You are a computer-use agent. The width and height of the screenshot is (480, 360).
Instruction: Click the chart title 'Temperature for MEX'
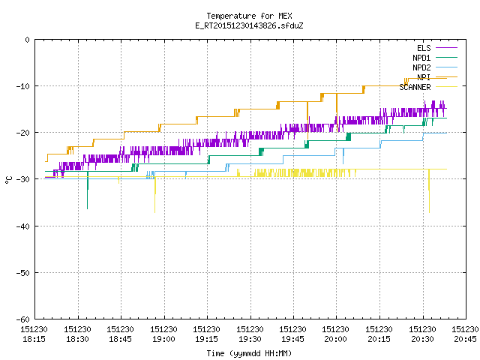click(249, 16)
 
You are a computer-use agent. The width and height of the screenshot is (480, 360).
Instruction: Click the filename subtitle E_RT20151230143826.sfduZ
click(249, 25)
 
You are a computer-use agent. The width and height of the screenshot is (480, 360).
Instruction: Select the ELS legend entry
click(424, 48)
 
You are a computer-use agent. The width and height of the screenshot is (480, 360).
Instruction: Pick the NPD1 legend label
click(421, 58)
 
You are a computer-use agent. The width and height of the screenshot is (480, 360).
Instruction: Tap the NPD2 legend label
click(421, 67)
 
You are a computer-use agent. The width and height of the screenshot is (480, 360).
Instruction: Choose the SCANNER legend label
click(415, 87)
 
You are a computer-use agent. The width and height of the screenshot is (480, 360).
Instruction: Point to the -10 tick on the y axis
click(23, 86)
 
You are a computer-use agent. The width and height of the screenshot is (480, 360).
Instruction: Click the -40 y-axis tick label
click(23, 226)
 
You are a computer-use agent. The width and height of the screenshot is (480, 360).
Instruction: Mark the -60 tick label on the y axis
click(23, 319)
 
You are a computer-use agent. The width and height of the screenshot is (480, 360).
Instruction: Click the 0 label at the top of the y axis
click(28, 40)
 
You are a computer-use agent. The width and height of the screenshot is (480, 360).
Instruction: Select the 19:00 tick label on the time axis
click(163, 339)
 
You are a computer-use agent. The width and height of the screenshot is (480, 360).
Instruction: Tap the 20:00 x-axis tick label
click(336, 339)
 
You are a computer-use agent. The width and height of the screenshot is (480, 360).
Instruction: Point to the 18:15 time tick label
click(34, 339)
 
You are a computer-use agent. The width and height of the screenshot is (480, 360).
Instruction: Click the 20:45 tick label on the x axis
click(465, 339)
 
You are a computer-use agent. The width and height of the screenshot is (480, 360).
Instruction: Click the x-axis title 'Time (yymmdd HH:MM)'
click(249, 353)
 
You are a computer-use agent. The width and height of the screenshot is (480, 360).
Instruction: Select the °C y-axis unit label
click(8, 180)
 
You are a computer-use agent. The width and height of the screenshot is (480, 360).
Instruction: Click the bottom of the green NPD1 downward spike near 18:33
click(88, 208)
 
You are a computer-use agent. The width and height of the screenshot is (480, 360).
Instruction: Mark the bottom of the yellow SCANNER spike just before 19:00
click(155, 212)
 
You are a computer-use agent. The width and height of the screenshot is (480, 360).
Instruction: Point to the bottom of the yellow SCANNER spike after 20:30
click(429, 212)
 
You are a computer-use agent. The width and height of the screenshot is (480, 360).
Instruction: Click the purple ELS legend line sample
click(447, 48)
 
